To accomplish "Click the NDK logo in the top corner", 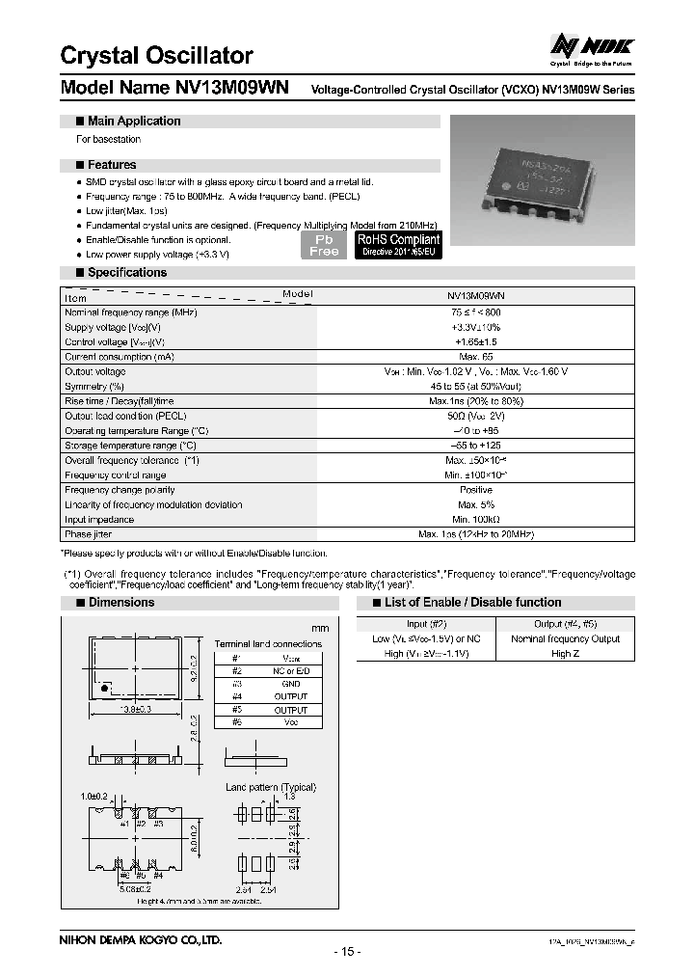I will [591, 46].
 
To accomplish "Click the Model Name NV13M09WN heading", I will [177, 88].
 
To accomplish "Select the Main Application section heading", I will [133, 122].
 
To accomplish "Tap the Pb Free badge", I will [324, 245].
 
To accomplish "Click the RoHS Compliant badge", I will [398, 244].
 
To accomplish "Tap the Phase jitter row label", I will [89, 534].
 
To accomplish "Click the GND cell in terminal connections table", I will [290, 683].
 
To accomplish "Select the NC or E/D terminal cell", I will [290, 670].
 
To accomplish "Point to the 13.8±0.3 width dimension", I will [135, 710].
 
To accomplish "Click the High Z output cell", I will [564, 653].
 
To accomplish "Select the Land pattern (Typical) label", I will [271, 787].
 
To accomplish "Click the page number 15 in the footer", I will [347, 952].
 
